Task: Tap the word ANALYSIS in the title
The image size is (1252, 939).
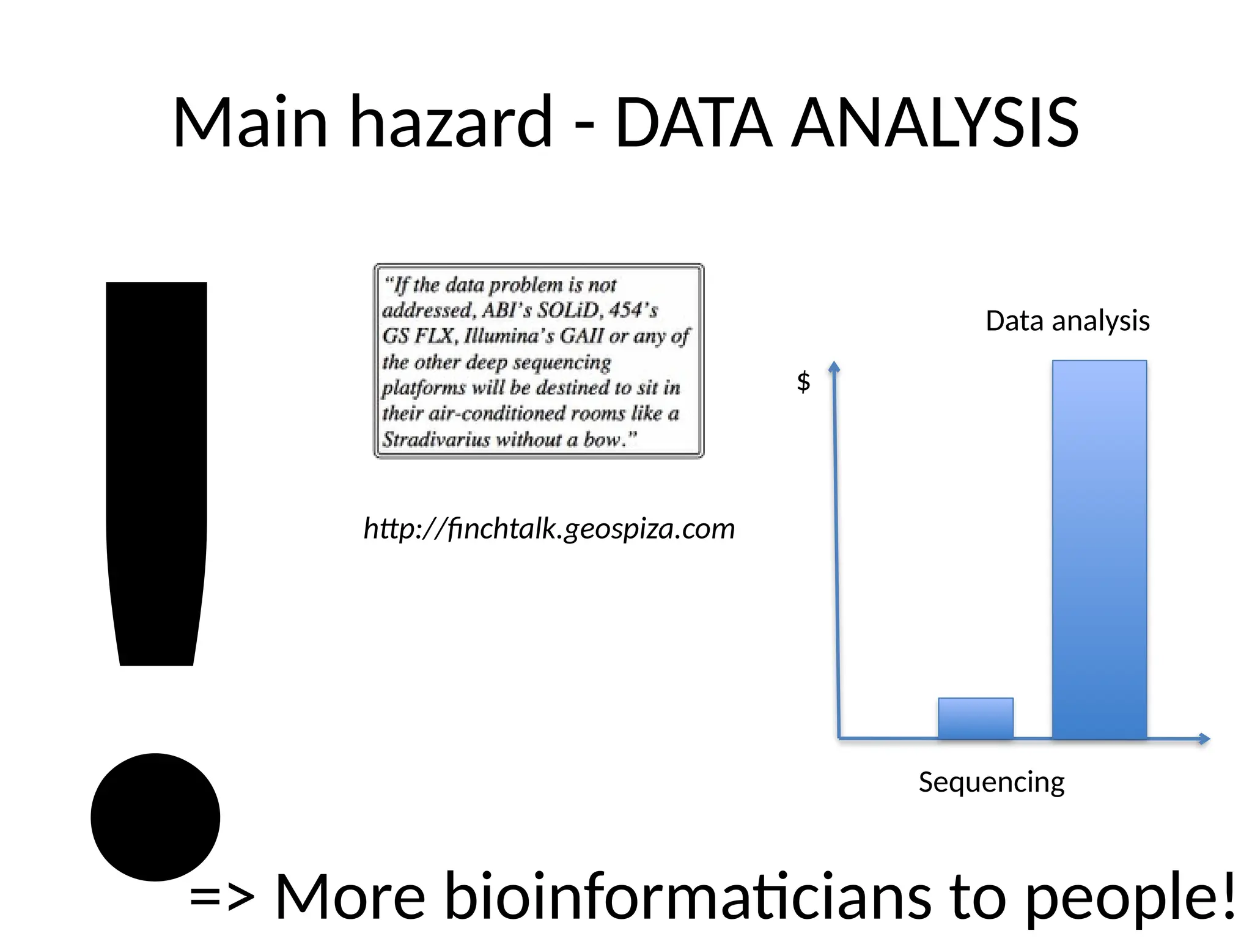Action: click(935, 123)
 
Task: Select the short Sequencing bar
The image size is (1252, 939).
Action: click(976, 718)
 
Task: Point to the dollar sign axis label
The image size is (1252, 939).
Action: click(803, 381)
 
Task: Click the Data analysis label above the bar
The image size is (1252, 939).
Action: click(1067, 321)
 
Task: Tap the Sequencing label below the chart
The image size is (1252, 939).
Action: click(992, 782)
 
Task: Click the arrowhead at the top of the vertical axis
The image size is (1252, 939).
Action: click(834, 367)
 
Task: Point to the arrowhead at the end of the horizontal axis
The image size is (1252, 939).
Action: click(1204, 738)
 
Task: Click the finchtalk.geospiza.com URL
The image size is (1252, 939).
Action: click(549, 528)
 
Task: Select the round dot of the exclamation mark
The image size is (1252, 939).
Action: click(155, 817)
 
